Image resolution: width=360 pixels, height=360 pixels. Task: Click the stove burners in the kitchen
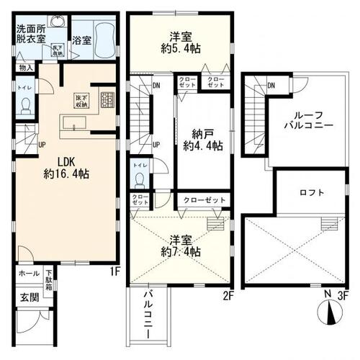pos(107,99)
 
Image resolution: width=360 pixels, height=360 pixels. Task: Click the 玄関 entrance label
pos(26,298)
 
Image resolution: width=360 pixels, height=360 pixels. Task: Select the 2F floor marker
pos(229,295)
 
